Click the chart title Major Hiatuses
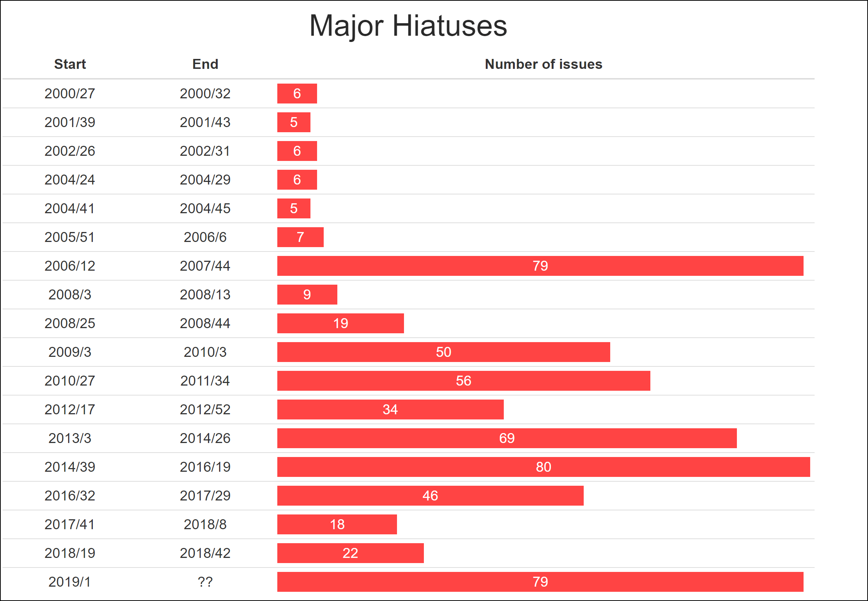(408, 26)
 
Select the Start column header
(70, 64)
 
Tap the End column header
(205, 64)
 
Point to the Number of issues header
(543, 64)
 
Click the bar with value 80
(543, 467)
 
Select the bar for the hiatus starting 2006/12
(540, 266)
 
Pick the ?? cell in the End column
(205, 582)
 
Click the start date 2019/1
(70, 582)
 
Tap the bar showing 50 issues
(443, 352)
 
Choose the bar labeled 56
(463, 381)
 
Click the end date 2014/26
(205, 438)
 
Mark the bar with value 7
(300, 237)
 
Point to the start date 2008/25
(70, 323)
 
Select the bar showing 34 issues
(390, 410)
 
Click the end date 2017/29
(205, 496)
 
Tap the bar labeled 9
(307, 295)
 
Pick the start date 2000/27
(70, 94)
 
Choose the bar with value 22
(350, 553)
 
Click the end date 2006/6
(205, 237)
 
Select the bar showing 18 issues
(337, 524)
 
